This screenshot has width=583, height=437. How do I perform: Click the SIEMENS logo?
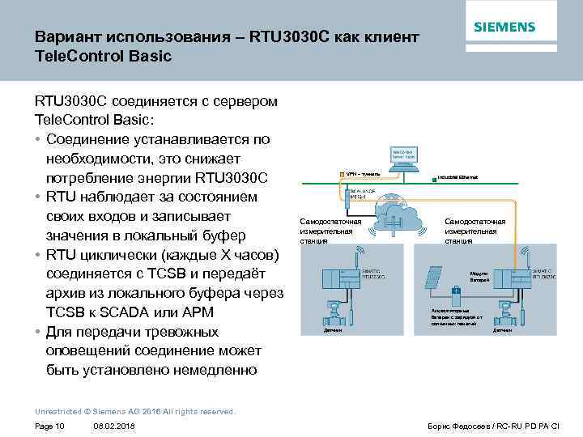(x=504, y=27)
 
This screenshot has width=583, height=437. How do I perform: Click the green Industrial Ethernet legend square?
(x=435, y=176)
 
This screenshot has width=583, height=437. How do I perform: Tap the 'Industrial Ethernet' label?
(x=458, y=176)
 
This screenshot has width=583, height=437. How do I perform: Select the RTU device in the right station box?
(x=514, y=280)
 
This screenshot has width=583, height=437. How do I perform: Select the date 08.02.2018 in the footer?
(x=114, y=426)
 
